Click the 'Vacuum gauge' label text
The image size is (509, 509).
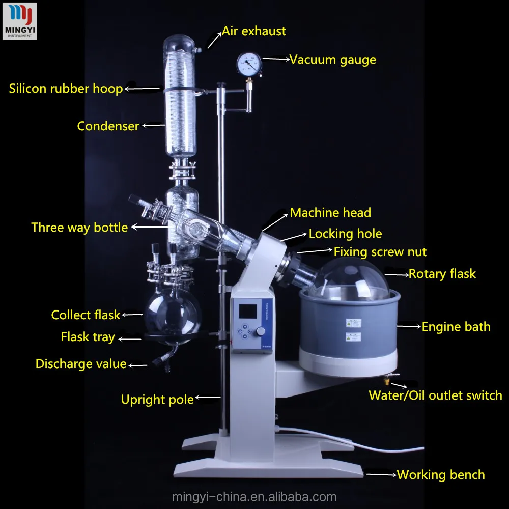(x=332, y=60)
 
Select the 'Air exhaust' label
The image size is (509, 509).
(x=253, y=31)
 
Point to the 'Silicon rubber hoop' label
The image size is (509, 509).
(x=66, y=89)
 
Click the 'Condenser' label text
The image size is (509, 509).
(x=108, y=126)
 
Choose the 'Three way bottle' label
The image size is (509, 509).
(x=79, y=227)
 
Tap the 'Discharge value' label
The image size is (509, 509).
(x=80, y=364)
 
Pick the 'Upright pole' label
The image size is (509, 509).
(x=157, y=400)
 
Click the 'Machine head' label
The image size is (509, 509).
(x=330, y=213)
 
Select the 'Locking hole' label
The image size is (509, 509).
(x=345, y=234)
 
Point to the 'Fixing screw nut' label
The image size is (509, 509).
(x=380, y=251)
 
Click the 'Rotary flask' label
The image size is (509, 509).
(x=442, y=274)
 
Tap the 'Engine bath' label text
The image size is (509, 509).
(x=456, y=327)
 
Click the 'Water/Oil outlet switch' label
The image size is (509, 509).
(x=435, y=395)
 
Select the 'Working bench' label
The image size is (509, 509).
(x=441, y=475)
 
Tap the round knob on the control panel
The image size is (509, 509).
(x=261, y=331)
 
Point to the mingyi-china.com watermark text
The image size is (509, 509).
(x=254, y=497)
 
